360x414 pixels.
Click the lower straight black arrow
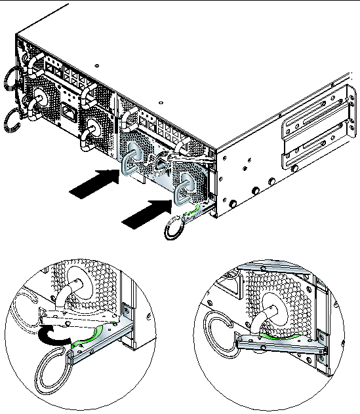click(x=145, y=214)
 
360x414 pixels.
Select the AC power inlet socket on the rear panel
click(x=68, y=112)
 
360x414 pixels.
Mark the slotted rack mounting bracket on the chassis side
click(x=314, y=131)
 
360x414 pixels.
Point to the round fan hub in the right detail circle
click(x=269, y=302)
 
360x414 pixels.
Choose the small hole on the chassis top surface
click(x=98, y=66)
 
